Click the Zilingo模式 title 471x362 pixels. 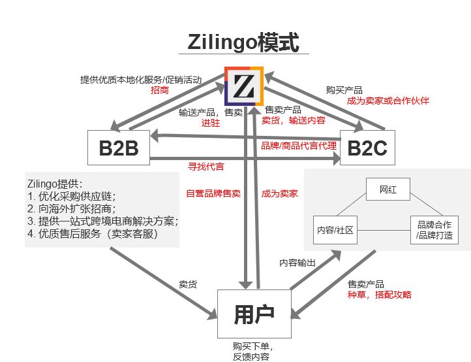243,42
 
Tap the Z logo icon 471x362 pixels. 244,86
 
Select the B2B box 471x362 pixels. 119,149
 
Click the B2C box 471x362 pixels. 367,149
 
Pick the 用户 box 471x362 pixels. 253,314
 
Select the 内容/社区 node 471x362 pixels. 335,230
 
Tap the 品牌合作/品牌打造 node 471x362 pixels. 434,230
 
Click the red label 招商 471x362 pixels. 159,91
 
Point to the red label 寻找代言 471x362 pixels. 205,167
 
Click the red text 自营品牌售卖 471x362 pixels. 213,193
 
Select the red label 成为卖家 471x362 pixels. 279,193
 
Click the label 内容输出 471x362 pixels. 297,263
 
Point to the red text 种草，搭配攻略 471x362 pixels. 380,295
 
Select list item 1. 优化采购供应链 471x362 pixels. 71,196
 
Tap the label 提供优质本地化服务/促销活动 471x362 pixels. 140,80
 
